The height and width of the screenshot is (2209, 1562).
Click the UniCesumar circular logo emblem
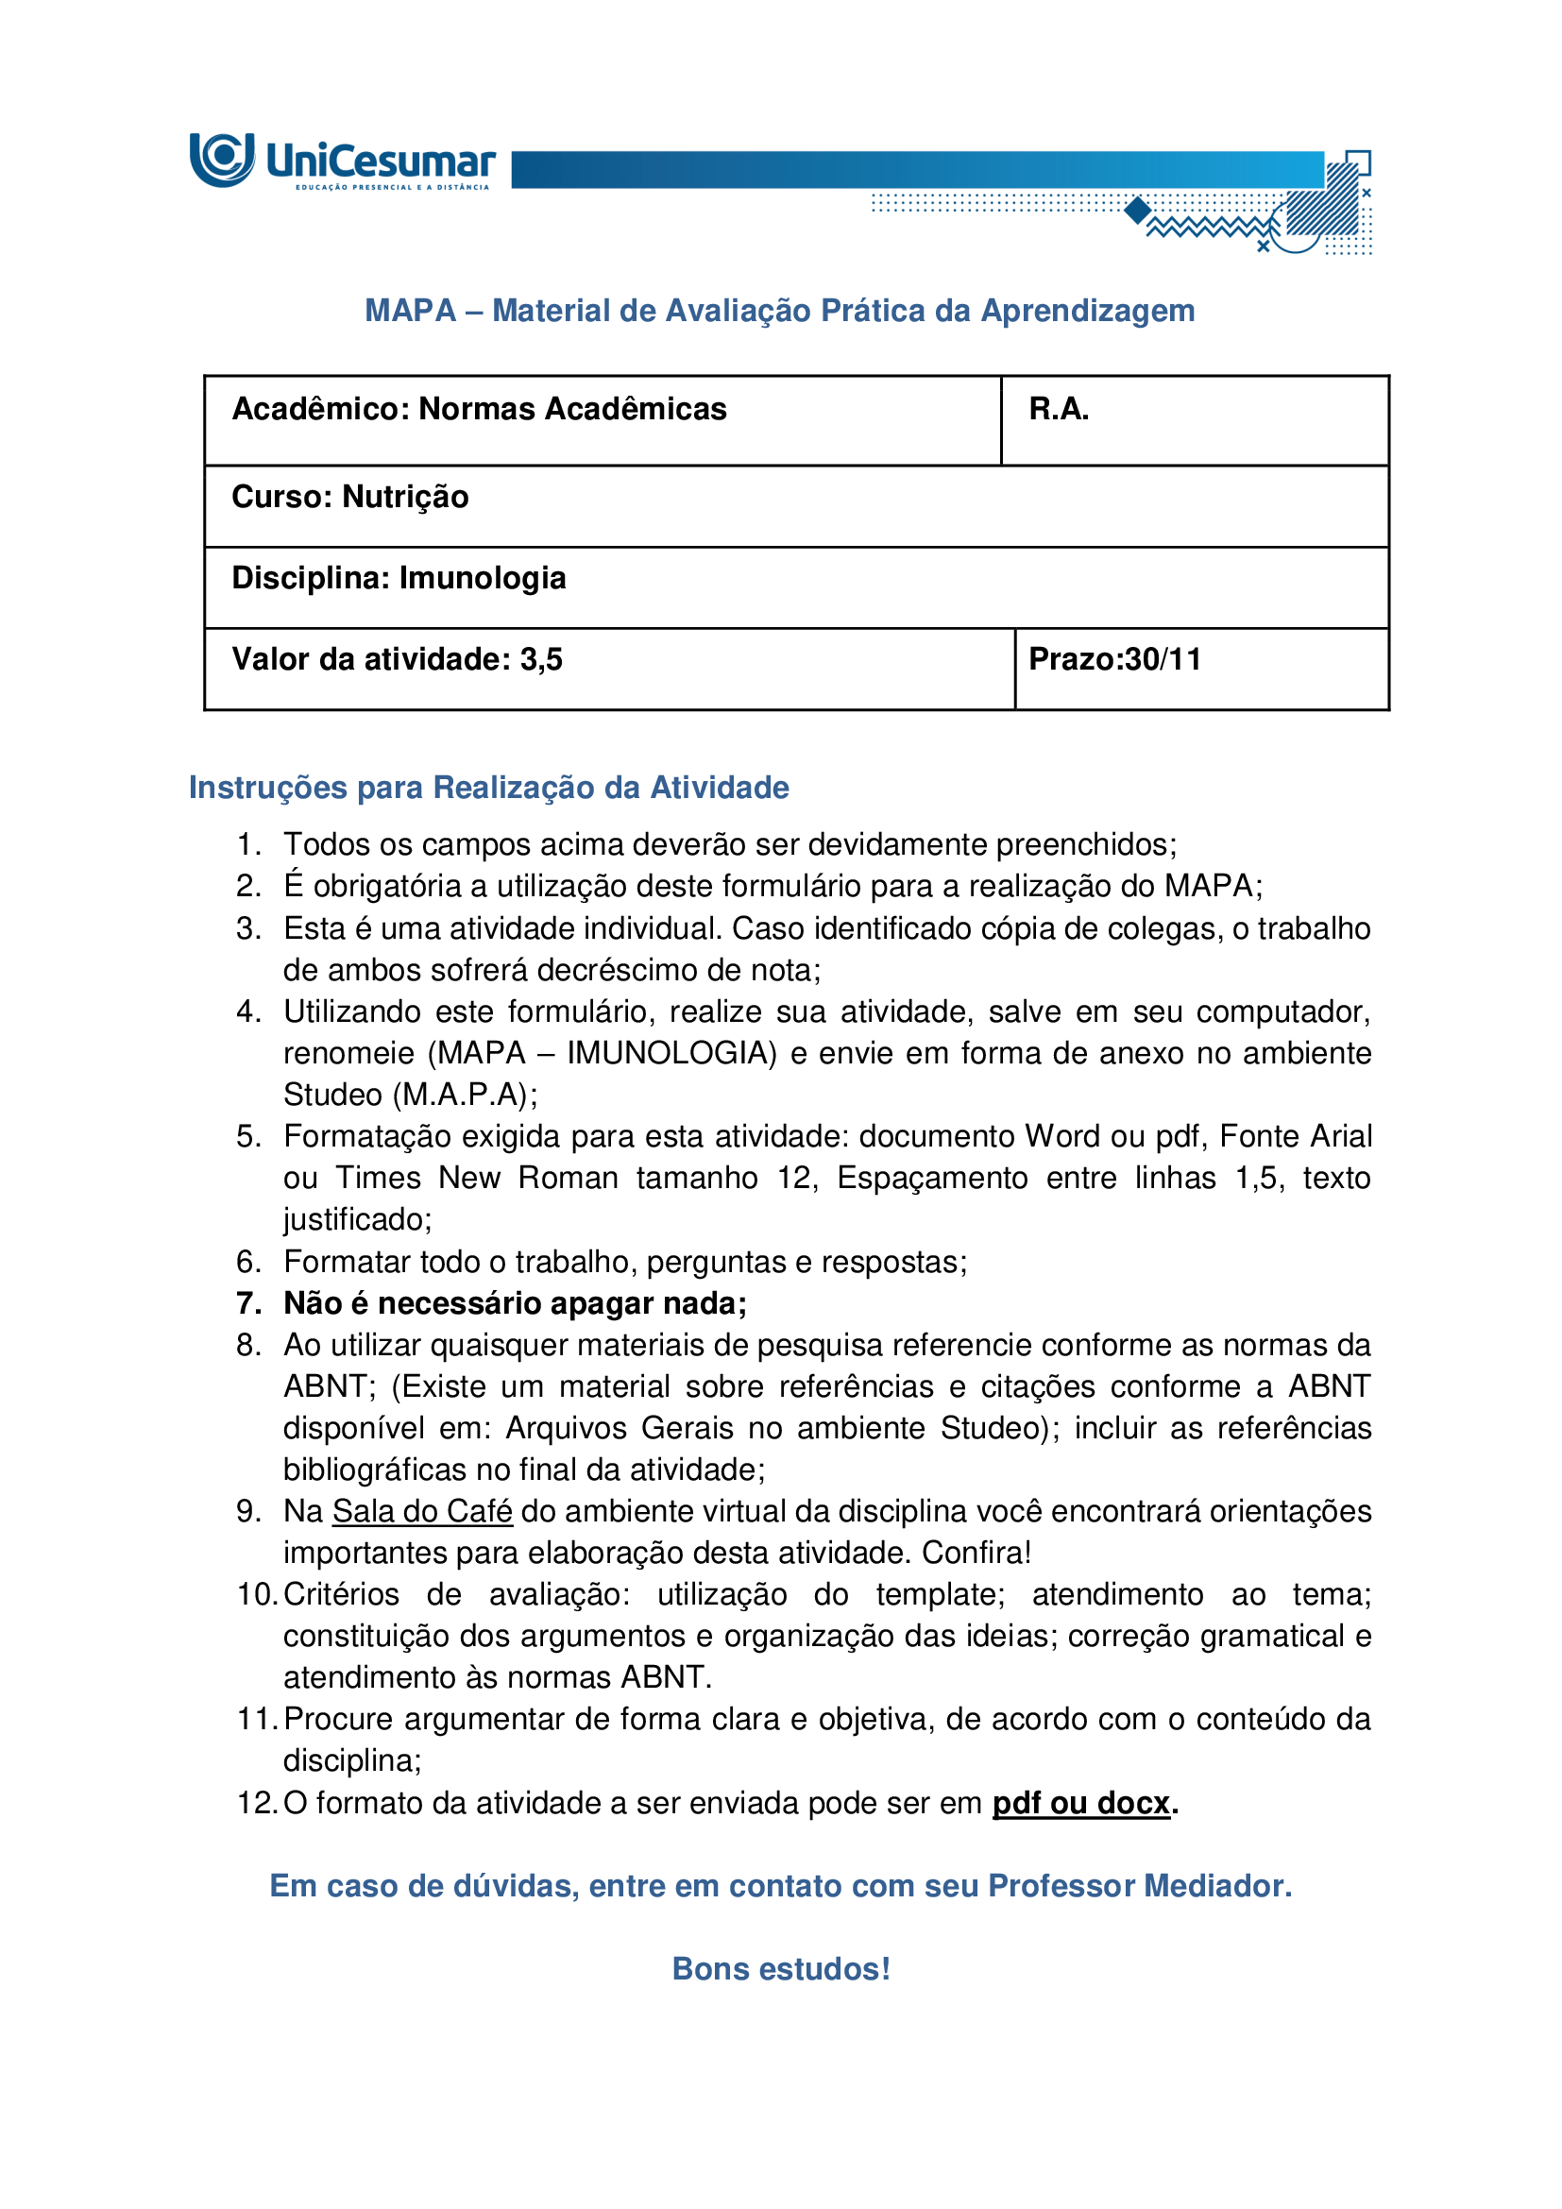click(222, 159)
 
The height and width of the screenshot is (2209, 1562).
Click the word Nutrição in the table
click(405, 497)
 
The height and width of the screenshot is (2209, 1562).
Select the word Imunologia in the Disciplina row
click(482, 578)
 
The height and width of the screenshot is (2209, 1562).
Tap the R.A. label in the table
click(1058, 410)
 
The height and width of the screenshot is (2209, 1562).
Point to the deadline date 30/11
click(1163, 659)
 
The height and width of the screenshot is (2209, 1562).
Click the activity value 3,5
click(540, 659)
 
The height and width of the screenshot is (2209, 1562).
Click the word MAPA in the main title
click(410, 311)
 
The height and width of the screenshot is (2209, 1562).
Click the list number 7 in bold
click(248, 1302)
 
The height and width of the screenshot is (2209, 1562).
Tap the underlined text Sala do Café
click(422, 1510)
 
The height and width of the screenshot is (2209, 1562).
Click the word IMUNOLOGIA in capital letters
click(671, 1054)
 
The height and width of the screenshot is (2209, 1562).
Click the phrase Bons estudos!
click(781, 1968)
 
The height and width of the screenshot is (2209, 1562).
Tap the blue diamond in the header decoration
click(1138, 210)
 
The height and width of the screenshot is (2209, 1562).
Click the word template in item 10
click(939, 1594)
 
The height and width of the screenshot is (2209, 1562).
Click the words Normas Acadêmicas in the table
click(572, 410)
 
